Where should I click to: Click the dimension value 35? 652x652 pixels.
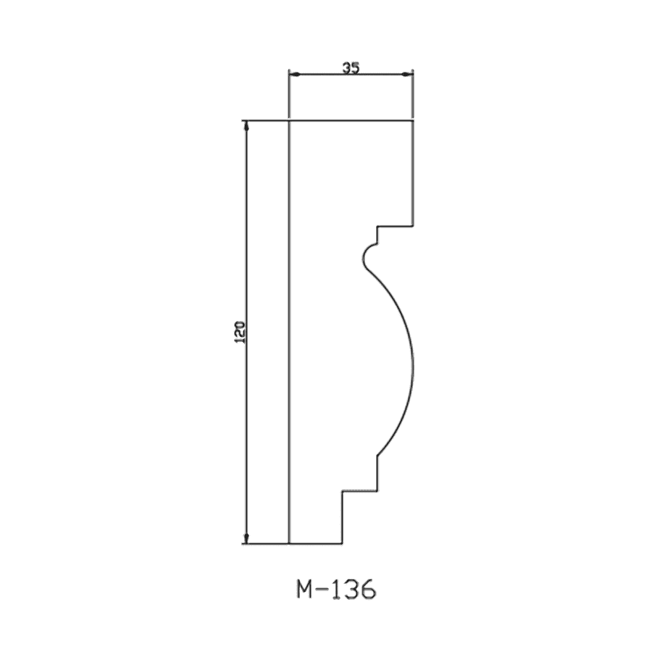(351, 68)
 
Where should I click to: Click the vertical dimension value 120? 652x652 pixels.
(241, 331)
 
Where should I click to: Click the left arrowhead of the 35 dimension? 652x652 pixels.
(294, 75)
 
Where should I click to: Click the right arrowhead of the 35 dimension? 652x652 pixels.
(407, 75)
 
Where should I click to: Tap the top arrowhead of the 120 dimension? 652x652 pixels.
(246, 126)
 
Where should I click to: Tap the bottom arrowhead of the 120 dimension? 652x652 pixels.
(246, 538)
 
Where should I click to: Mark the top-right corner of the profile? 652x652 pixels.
(412, 121)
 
